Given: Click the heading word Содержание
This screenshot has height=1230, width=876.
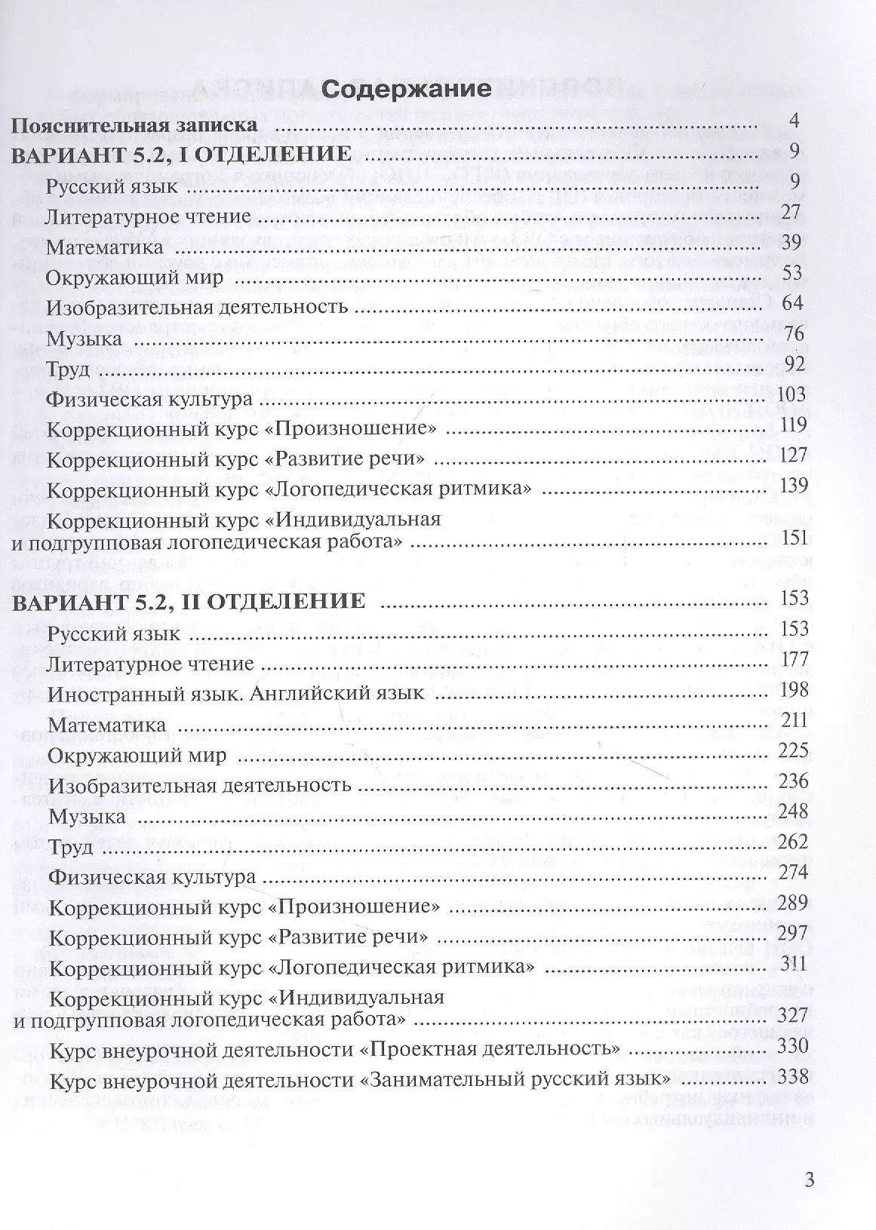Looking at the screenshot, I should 406,89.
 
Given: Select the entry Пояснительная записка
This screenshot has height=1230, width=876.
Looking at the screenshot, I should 136,125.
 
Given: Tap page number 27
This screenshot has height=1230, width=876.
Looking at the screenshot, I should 790,212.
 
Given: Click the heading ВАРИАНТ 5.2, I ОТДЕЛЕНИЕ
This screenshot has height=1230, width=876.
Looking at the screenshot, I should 183,155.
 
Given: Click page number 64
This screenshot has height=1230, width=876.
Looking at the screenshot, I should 793,303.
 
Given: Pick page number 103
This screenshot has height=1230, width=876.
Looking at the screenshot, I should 791,394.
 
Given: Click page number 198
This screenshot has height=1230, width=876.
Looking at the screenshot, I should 795,689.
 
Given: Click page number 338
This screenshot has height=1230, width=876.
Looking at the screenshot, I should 795,1076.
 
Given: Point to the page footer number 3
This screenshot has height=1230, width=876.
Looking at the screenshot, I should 810,1180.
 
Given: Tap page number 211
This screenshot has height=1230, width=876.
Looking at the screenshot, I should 795,720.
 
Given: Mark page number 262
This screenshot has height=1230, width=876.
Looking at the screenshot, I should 793,842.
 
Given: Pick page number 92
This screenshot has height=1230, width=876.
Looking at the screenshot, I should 793,364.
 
